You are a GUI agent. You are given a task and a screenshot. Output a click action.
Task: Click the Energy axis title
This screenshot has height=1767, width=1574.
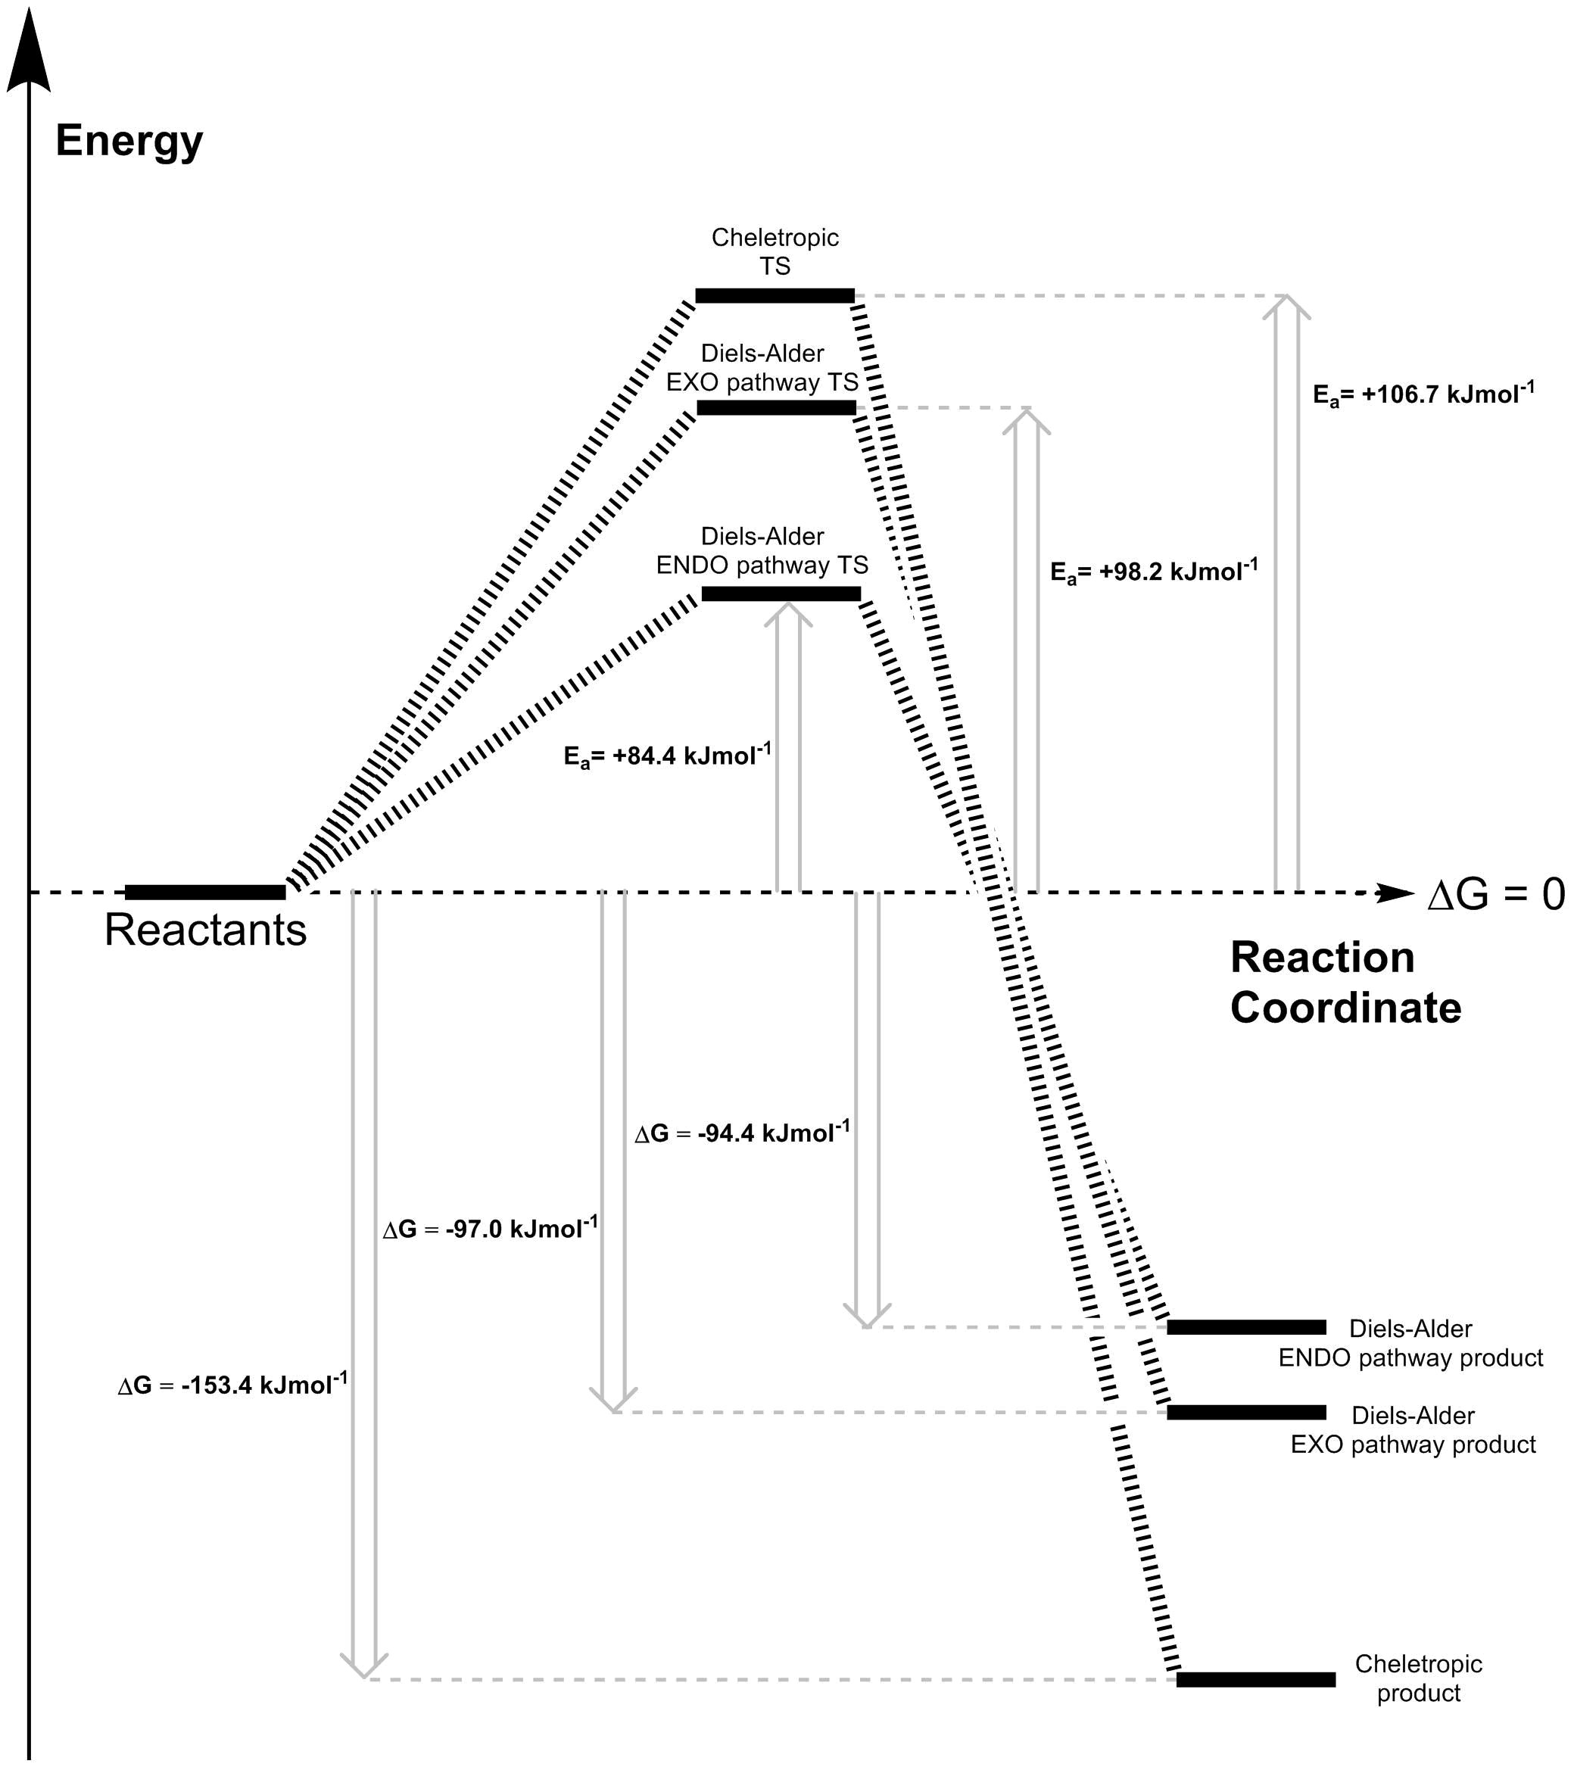[129, 140]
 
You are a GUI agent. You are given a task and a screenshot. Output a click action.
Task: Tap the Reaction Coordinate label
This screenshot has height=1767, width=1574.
[1345, 983]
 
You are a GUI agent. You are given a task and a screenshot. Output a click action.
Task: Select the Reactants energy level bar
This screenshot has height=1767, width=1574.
[205, 892]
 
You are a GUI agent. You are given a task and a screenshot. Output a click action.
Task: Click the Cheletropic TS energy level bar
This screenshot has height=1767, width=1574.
[775, 296]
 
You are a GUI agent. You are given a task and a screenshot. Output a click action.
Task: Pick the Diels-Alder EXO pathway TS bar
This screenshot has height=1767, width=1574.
[776, 407]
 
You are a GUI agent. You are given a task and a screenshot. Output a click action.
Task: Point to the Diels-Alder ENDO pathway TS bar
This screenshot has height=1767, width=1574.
[781, 594]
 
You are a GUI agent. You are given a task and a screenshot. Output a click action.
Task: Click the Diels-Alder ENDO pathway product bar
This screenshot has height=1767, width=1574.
[1246, 1326]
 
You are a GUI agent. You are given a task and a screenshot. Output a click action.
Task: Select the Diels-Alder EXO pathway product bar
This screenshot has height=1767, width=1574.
[1246, 1413]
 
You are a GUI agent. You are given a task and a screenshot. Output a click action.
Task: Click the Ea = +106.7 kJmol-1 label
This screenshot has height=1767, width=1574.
[1423, 394]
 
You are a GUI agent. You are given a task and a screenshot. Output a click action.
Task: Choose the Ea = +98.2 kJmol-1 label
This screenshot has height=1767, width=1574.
[1154, 572]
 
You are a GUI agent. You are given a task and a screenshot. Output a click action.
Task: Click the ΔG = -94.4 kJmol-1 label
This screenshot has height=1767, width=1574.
[742, 1133]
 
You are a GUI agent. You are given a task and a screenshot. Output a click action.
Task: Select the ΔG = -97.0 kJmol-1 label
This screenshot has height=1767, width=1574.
[491, 1229]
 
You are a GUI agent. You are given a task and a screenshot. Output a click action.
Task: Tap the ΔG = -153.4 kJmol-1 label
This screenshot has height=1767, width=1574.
[232, 1385]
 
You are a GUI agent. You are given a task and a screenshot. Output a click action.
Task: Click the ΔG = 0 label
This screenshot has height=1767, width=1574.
[1495, 895]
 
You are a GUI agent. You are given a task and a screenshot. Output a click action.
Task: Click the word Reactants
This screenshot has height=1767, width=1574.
[206, 930]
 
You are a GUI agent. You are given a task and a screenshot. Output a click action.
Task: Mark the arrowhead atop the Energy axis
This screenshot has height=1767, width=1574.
[29, 52]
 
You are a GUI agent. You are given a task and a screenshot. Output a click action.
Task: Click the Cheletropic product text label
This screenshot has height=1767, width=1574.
[1418, 1678]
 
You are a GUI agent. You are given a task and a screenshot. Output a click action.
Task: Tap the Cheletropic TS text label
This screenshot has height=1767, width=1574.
[775, 251]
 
